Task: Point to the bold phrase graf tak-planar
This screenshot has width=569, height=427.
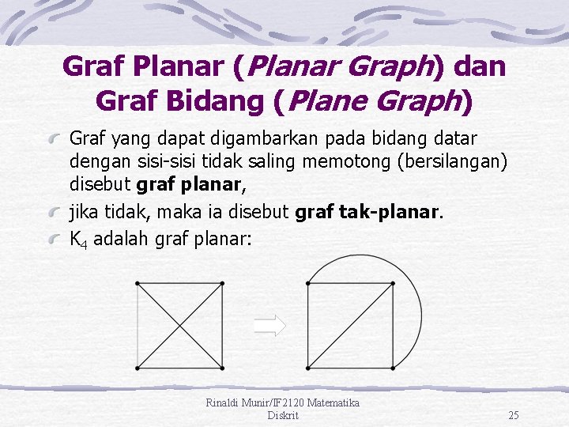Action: click(x=368, y=212)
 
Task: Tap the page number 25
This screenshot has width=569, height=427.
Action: click(x=514, y=415)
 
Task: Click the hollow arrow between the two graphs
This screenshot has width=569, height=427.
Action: click(x=269, y=324)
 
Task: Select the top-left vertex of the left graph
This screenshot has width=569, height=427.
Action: click(x=138, y=282)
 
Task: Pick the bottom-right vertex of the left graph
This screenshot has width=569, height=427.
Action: click(x=222, y=367)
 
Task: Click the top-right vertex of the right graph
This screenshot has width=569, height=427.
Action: click(x=393, y=282)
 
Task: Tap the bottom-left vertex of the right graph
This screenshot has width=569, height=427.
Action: click(x=308, y=367)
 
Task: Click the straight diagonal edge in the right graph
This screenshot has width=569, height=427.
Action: click(x=350, y=325)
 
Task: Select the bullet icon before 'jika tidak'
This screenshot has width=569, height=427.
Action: click(x=58, y=213)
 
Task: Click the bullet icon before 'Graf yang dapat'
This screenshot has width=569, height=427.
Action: click(x=58, y=140)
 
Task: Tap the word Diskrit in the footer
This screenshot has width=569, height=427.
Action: click(x=283, y=415)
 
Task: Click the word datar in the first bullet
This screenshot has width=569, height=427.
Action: click(x=456, y=139)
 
